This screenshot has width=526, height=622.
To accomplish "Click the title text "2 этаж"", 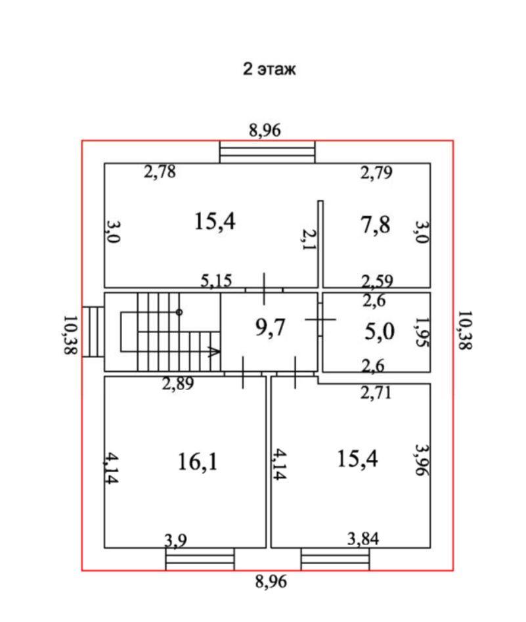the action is (x=269, y=69).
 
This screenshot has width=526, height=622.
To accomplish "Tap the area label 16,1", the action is (x=197, y=462).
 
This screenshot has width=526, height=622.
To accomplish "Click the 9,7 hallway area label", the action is (x=271, y=326).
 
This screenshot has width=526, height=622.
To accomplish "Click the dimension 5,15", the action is (x=216, y=281).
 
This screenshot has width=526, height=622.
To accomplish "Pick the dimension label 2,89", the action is (x=178, y=384).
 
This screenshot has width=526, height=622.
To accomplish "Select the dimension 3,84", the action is (x=363, y=540).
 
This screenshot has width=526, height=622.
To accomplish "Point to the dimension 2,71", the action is (x=376, y=393).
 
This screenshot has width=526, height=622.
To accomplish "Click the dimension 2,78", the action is (x=160, y=173).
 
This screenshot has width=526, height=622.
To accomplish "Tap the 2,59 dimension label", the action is (x=378, y=282).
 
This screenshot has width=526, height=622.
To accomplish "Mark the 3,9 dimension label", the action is (x=176, y=541).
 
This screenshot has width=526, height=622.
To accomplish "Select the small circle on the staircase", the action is (x=179, y=312).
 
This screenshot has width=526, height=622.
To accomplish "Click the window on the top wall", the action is (x=267, y=152).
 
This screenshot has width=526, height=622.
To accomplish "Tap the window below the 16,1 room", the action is (x=200, y=560).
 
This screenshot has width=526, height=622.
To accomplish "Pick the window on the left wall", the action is (x=92, y=331).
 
